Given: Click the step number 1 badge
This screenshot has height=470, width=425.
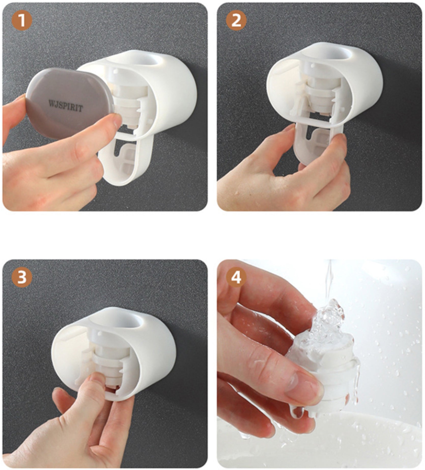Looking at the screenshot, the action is (22, 20).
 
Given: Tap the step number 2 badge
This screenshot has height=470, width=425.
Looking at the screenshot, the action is (236, 20).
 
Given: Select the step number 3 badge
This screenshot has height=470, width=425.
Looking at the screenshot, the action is (22, 277).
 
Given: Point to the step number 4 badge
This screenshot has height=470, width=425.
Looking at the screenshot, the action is (236, 277).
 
